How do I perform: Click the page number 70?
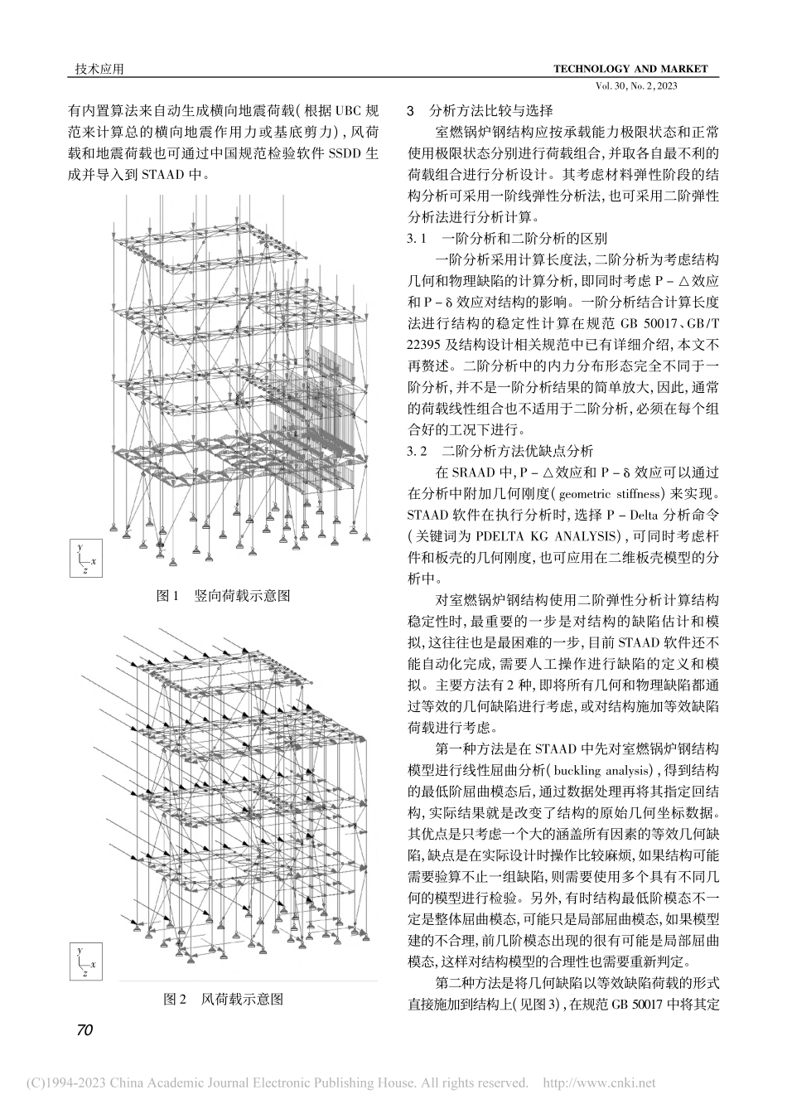click(84, 1029)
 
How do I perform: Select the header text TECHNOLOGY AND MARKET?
click(630, 69)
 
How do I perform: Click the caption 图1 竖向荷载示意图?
click(224, 596)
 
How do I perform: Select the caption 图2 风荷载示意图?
click(224, 1000)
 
